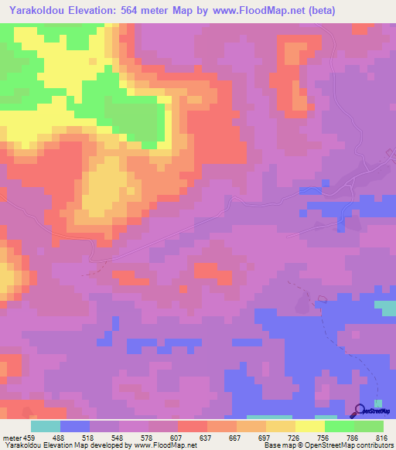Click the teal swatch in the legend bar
tap(46, 426)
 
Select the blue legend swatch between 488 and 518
tap(75, 426)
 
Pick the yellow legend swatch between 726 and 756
tap(310, 426)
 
